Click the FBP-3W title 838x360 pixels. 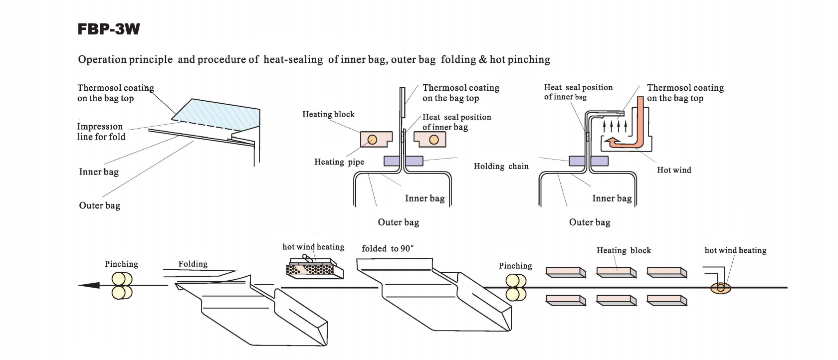109,29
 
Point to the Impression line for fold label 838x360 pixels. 101,132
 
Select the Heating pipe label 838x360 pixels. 339,162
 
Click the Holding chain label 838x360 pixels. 501,167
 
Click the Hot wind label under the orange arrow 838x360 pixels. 674,170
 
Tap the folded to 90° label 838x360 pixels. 388,248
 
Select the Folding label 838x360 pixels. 193,264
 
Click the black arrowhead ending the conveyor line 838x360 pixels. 89,285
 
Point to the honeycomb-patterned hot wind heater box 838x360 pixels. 314,268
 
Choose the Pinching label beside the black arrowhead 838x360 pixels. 121,264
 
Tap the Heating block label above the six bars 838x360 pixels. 624,250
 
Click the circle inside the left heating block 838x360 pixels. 372,140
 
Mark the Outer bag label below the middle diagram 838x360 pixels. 398,222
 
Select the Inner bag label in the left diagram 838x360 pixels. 99,172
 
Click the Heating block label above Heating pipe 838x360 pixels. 328,114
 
